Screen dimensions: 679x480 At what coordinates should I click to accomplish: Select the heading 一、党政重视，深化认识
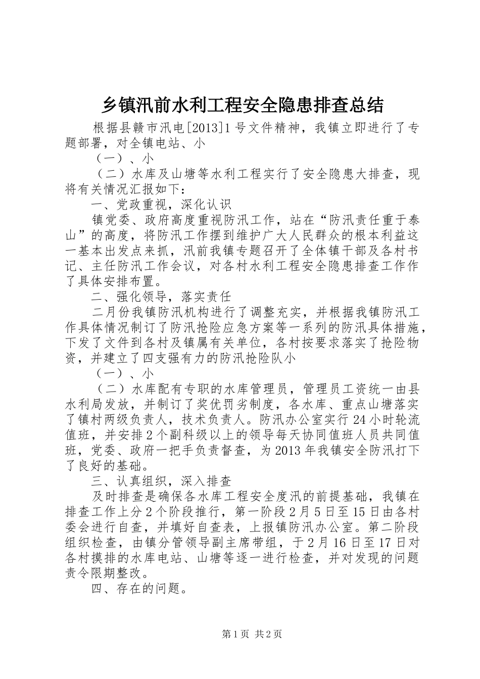point(161,205)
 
